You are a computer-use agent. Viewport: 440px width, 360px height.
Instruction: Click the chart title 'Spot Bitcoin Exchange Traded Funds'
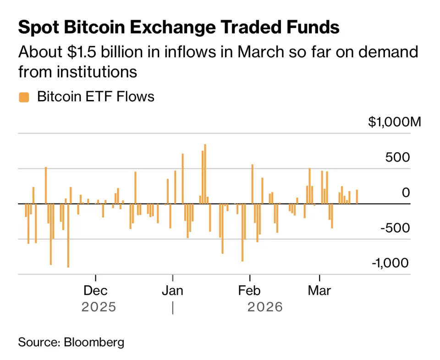tap(179, 28)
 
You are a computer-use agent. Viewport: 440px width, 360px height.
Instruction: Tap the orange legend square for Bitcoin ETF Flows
tap(23, 97)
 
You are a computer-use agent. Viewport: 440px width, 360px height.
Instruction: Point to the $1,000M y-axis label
tap(394, 122)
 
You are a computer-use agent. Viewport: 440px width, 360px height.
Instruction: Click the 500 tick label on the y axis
tap(398, 157)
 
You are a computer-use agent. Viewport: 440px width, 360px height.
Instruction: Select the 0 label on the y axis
tap(406, 193)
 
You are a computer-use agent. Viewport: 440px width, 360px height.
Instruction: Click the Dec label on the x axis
tap(96, 290)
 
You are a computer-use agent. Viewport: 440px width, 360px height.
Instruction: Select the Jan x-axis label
tap(173, 290)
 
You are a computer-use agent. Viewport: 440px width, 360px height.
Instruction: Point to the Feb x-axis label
tap(250, 290)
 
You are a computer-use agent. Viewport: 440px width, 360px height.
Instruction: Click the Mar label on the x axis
tap(319, 290)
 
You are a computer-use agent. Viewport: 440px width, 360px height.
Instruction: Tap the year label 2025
tap(99, 307)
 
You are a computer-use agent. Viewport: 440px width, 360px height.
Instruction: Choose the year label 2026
tap(265, 307)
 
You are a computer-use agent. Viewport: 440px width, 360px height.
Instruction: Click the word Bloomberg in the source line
tap(94, 342)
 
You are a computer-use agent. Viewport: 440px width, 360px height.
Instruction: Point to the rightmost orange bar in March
tap(357, 197)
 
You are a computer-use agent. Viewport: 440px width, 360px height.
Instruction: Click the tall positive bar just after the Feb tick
tap(252, 183)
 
